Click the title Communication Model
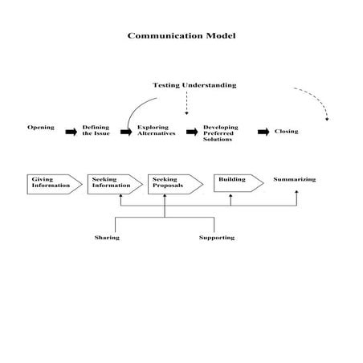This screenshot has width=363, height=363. tap(181, 36)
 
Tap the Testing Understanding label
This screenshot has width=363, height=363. tap(194, 85)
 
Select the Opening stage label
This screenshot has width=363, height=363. tap(41, 128)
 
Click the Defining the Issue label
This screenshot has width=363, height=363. tap(96, 130)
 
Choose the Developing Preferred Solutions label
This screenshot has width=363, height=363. tap(221, 133)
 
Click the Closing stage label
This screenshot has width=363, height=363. tap(286, 131)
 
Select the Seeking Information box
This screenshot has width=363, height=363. tap(112, 182)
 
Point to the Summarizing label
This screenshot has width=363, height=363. tap(294, 179)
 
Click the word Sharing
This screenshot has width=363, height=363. tap(107, 238)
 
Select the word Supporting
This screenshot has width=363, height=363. tap(217, 238)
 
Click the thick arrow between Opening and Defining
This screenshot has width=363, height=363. tap(70, 130)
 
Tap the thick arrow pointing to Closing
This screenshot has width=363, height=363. tap(263, 131)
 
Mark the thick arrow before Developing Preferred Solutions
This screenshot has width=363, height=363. tap(192, 131)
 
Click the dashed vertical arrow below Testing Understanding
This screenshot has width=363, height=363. tap(186, 103)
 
